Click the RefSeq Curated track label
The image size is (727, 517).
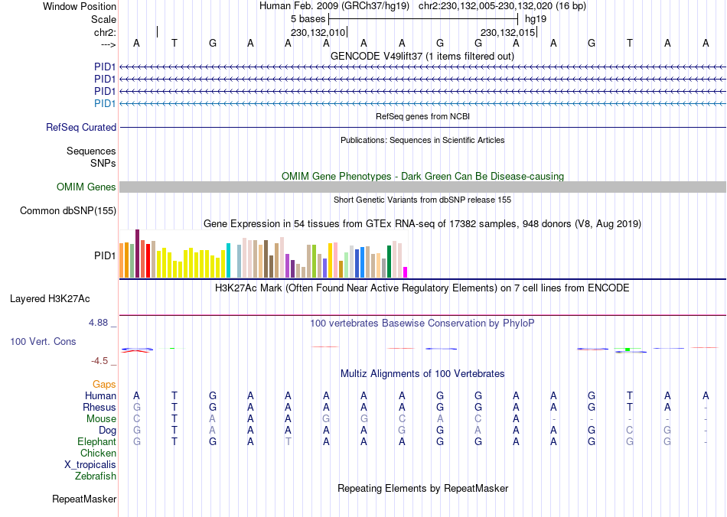click(x=81, y=128)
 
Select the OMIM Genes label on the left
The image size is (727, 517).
click(x=86, y=187)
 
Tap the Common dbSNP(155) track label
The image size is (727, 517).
click(x=68, y=211)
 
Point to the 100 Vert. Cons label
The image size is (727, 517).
click(x=43, y=341)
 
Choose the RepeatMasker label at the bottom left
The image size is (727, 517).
click(x=84, y=499)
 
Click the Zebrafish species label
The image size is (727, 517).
click(x=96, y=476)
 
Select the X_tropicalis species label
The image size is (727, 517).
click(x=90, y=465)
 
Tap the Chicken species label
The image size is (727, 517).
click(x=98, y=454)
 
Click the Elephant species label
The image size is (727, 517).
click(x=96, y=442)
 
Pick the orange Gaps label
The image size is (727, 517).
click(x=104, y=384)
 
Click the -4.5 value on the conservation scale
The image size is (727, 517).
click(x=101, y=361)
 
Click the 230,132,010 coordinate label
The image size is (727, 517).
click(x=318, y=33)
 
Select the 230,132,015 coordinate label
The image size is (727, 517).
click(x=507, y=33)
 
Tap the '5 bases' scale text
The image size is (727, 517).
click(x=308, y=18)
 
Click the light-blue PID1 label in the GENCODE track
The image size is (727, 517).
click(x=105, y=103)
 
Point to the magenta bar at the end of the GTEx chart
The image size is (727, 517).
click(x=406, y=272)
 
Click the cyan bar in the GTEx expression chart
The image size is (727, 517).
click(x=228, y=260)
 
